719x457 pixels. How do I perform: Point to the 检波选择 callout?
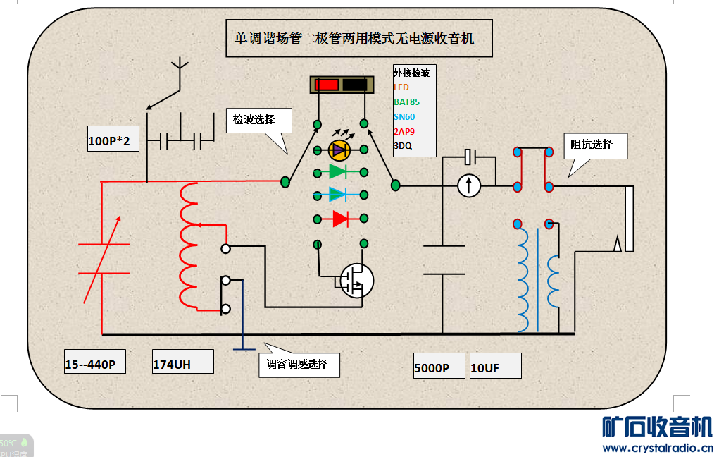coord(258,121)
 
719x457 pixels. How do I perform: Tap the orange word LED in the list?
coord(401,87)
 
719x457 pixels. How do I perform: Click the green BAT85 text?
coord(407,102)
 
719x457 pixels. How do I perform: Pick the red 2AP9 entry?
coord(404,132)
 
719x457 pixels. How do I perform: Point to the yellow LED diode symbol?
coord(340,150)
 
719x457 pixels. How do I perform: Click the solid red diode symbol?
coord(341,219)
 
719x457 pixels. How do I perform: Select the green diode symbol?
coord(339,171)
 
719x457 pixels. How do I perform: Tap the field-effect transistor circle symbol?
coord(356,280)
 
